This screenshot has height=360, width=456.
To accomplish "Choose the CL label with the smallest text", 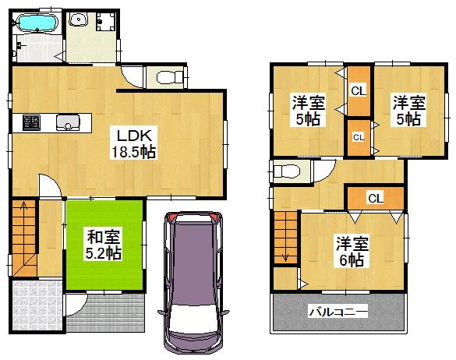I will tap(359, 137).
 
